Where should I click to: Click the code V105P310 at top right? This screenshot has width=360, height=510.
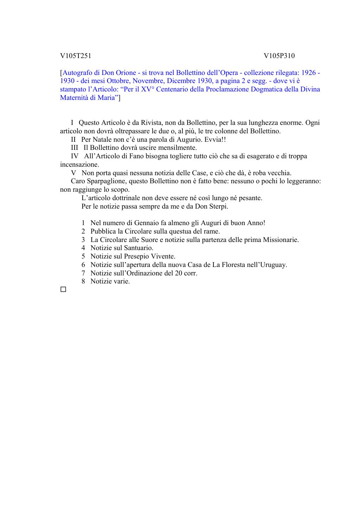279,56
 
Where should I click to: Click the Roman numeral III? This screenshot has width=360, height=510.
75,148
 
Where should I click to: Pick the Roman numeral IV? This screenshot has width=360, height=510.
75,156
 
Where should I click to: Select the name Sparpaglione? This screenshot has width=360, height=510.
104,181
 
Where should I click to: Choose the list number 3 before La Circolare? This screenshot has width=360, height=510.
83,240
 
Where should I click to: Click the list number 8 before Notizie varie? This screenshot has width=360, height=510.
83,281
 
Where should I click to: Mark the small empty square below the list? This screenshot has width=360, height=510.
63,289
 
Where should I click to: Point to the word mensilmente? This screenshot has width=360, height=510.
178,148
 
